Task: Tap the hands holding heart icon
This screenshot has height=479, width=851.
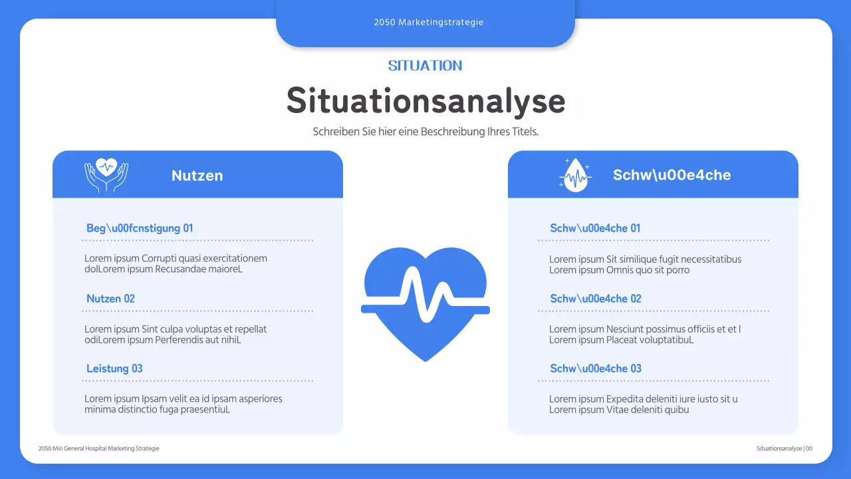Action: point(106,175)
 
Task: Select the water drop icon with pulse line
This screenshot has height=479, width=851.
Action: point(575,175)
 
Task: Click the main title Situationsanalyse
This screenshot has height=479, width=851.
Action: point(425,100)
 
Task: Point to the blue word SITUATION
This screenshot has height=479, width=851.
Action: point(425,66)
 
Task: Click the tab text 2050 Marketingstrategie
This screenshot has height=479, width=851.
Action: point(428,22)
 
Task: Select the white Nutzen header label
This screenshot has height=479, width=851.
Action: point(197,176)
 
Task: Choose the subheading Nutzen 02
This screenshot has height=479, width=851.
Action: point(110,299)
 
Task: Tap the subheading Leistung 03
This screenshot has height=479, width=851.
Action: point(114,369)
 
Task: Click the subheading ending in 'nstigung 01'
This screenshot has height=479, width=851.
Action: point(140,228)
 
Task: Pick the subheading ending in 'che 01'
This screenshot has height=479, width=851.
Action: point(595,228)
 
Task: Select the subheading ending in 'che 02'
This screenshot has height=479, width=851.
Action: point(596,299)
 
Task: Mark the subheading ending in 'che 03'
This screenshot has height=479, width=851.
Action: point(596,369)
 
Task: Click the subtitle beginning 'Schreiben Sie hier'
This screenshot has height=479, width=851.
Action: point(425,132)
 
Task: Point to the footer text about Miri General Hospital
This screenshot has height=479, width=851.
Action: point(99,448)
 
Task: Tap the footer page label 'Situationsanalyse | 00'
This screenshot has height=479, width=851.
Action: point(785,448)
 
